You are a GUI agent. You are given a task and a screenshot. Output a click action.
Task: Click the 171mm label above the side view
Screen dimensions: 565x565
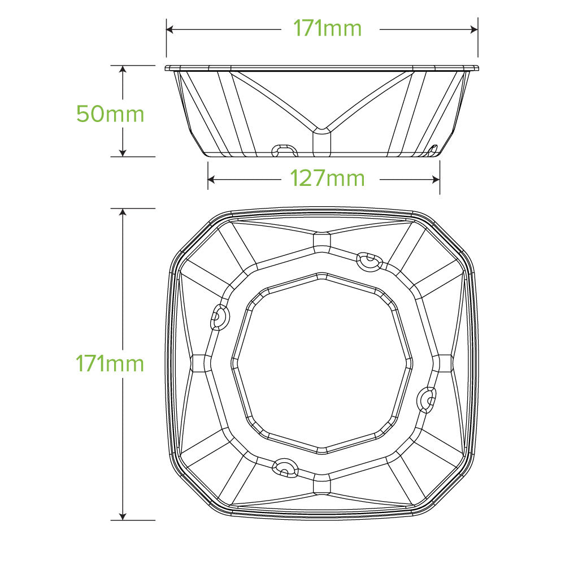coord(327,28)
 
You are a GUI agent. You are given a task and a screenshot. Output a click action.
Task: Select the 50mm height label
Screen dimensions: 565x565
coord(110,114)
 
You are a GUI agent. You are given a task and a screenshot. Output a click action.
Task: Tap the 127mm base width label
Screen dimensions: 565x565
coord(327,179)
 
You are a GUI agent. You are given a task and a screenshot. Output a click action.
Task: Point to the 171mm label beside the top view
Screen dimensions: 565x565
coord(110,363)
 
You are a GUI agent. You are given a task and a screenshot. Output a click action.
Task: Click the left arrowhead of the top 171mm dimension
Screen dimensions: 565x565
coord(169,28)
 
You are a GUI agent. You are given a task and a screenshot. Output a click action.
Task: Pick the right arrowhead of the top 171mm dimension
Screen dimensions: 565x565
coord(475,28)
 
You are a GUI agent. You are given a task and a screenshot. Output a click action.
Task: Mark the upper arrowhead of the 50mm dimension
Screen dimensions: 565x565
coord(123,68)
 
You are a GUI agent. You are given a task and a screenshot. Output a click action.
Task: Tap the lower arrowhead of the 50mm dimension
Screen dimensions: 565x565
coord(123,153)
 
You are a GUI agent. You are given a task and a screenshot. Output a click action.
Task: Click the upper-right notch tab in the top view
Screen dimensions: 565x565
coord(369,261)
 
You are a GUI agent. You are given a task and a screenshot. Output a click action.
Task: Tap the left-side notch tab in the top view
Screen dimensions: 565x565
coord(219,317)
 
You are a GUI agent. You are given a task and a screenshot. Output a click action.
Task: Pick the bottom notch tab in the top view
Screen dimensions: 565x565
coord(284,466)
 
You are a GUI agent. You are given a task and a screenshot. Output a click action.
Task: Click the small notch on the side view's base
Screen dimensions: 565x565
coord(284,151)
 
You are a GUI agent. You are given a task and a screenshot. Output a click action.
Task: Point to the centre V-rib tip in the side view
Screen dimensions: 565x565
coord(321,131)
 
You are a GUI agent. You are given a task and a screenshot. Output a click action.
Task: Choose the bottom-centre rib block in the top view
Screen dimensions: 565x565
coord(321,484)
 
